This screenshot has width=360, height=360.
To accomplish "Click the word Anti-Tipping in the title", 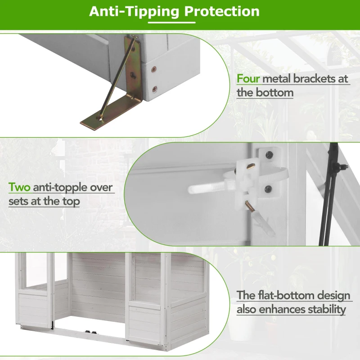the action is pyautogui.click(x=134, y=12).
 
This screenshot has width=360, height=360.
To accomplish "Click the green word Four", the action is pyautogui.click(x=248, y=79).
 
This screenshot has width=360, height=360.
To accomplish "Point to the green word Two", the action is pyautogui.click(x=19, y=187).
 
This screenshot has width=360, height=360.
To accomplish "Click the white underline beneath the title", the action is pyautogui.click(x=172, y=22).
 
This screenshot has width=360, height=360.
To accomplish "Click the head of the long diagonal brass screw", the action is pyautogui.click(x=134, y=37).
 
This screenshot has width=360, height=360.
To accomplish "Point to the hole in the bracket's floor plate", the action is pyautogui.click(x=100, y=119).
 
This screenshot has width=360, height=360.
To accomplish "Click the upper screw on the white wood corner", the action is pyautogui.click(x=154, y=69).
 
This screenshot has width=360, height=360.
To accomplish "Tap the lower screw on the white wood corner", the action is pyautogui.click(x=155, y=89).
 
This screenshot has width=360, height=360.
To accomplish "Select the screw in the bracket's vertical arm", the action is pyautogui.click(x=133, y=75).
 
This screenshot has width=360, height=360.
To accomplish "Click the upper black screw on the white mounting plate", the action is pyautogui.click(x=269, y=155).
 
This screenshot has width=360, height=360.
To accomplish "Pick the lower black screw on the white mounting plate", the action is pyautogui.click(x=268, y=189).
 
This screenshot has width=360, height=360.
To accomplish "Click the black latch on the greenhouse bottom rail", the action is pyautogui.click(x=91, y=332).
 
